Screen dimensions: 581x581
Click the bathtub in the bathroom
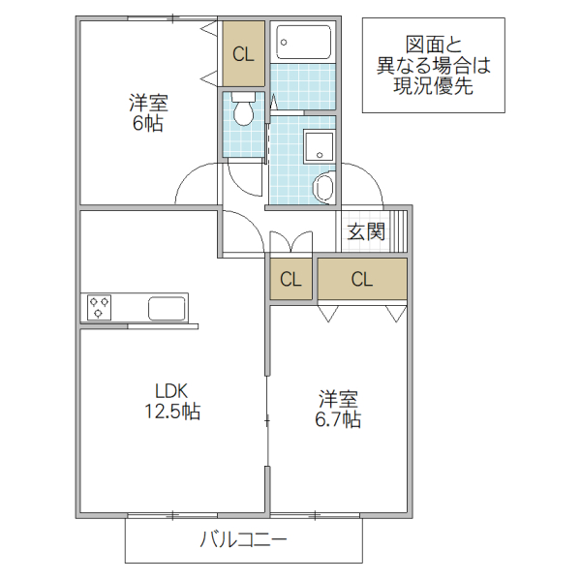pos(303,43)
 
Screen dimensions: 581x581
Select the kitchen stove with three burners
pos(98,308)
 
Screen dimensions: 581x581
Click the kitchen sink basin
pos(167,309)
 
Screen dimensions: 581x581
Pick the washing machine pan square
pos(319,148)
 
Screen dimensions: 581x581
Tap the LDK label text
pos(171,391)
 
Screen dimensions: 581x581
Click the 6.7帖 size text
pos(338,420)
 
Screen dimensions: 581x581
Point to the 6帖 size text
pos(147,124)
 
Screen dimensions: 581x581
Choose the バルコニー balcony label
pos(243,541)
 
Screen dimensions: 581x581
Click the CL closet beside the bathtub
pos(243,54)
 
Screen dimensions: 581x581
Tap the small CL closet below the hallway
pos(290,281)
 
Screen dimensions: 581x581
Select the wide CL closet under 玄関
pos(362,281)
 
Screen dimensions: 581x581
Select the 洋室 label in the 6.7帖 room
pos(338,398)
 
